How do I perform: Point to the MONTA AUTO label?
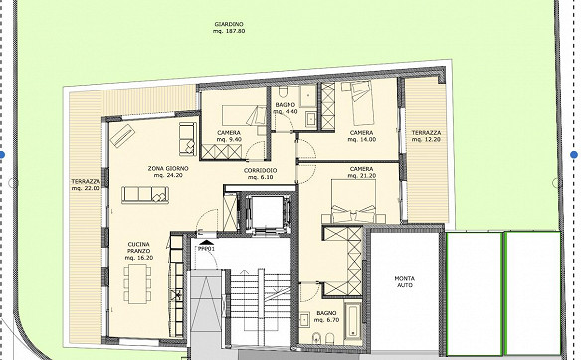point(404,281)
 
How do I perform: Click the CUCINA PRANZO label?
point(139,251)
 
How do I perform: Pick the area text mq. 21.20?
point(362,176)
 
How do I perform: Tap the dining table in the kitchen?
point(137,283)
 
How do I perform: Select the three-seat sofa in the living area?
point(145,195)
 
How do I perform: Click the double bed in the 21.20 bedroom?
point(354,201)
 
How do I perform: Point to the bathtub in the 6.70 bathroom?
point(352,320)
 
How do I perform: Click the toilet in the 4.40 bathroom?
point(283,90)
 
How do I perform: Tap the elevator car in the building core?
point(266,212)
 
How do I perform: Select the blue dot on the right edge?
point(574,155)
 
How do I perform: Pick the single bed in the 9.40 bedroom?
point(244,115)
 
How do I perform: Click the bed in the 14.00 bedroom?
point(361,103)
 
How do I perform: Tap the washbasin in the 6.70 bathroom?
point(305,319)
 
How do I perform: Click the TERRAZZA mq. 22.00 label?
point(86,184)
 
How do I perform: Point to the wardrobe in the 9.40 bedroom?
point(221,152)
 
